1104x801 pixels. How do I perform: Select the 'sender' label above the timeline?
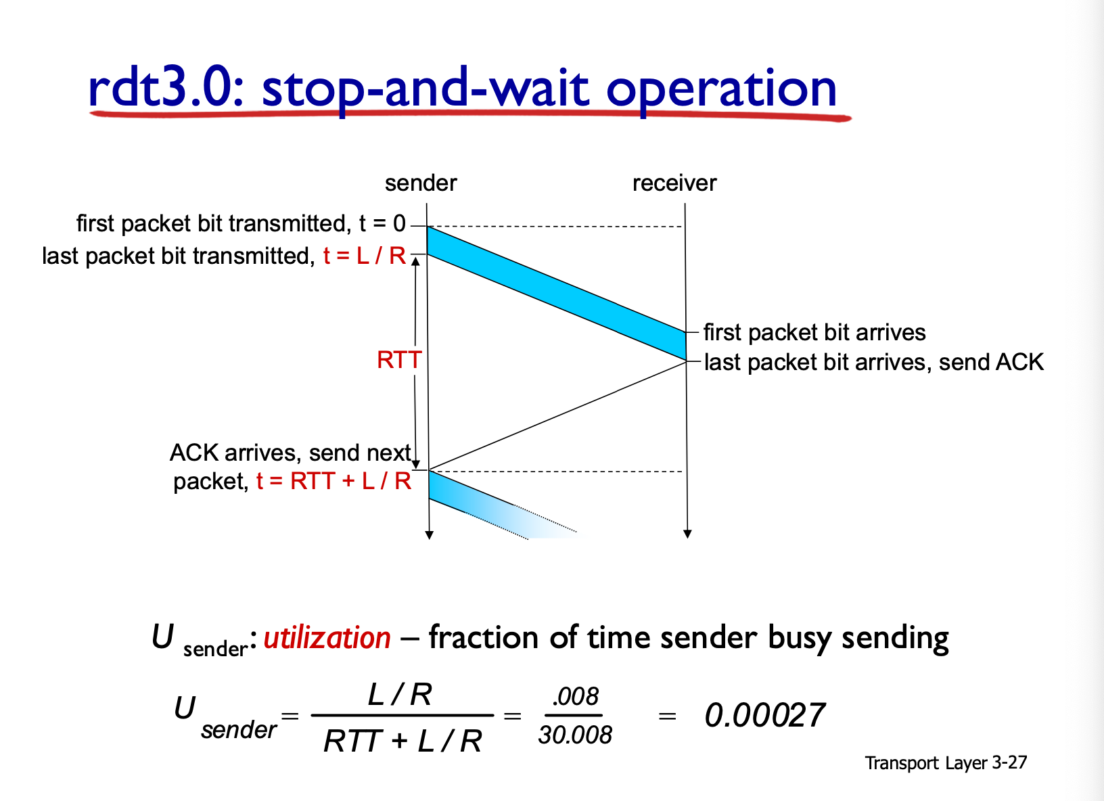[421, 183]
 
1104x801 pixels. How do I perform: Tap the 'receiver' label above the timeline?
[674, 183]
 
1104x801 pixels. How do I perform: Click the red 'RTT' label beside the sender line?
[399, 360]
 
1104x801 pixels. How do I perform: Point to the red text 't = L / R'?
[365, 256]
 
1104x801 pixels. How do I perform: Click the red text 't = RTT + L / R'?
[333, 481]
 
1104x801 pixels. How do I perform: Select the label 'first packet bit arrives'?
[814, 333]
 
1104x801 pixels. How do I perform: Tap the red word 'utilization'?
[327, 638]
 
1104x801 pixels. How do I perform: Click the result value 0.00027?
[765, 715]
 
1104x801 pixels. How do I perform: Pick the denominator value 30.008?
[575, 735]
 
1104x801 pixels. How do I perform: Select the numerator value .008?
[575, 697]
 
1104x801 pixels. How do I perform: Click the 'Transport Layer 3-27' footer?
[946, 763]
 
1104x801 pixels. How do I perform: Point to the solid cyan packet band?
[557, 294]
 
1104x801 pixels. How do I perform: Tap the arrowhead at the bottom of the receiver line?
[687, 534]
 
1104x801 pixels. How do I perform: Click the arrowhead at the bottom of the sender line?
[430, 535]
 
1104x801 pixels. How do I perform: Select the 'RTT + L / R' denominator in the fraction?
[402, 741]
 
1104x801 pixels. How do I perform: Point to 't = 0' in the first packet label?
[382, 223]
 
